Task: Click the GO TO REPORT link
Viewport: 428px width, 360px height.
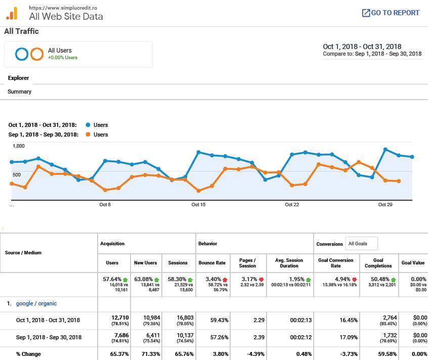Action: click(391, 13)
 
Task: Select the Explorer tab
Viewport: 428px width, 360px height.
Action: click(18, 78)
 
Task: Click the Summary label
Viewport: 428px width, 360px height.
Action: click(19, 92)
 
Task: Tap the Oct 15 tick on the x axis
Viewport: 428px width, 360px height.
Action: click(198, 205)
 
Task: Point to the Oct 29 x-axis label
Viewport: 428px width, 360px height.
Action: click(386, 205)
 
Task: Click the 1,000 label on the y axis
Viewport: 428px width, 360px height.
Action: click(18, 146)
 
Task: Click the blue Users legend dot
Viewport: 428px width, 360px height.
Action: click(88, 125)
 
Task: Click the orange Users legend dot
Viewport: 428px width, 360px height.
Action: click(88, 134)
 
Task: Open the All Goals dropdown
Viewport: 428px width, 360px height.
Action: click(361, 244)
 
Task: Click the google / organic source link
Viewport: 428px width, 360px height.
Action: click(36, 303)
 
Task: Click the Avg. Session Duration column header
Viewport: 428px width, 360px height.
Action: click(289, 263)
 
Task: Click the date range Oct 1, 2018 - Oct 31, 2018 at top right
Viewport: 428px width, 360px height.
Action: click(362, 47)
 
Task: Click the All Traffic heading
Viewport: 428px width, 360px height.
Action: click(21, 31)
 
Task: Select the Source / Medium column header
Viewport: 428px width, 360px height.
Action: click(23, 253)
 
